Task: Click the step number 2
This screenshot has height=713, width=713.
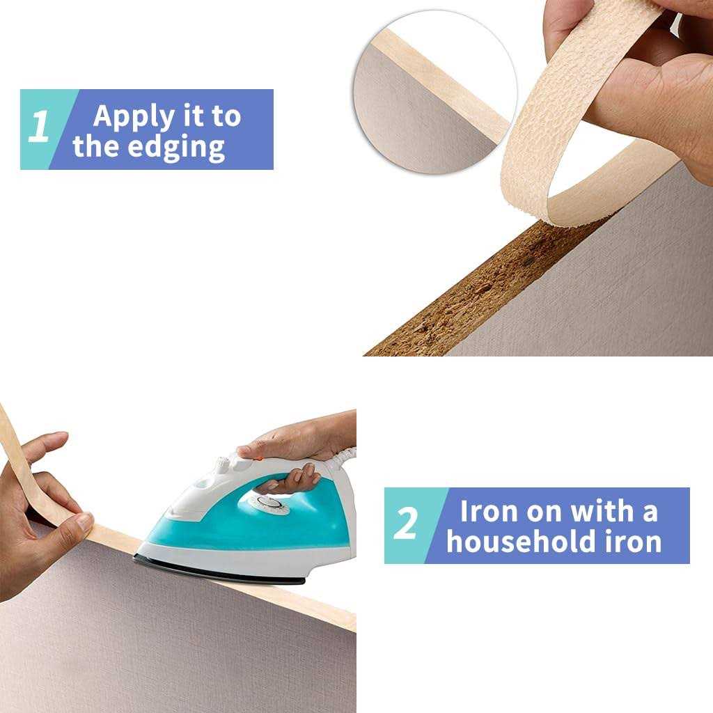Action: pos(405,524)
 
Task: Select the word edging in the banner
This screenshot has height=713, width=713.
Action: pos(175,148)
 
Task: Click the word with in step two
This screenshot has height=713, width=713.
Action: pos(602,511)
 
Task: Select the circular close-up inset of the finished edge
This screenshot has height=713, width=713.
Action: pos(435,92)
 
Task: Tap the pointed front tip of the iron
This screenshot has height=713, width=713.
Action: pos(136,556)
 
